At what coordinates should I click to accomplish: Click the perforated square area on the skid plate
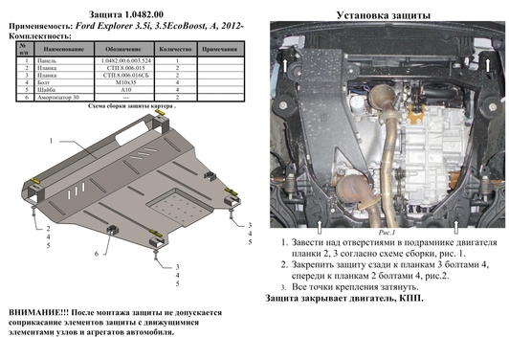pyautogui.click(x=152, y=207)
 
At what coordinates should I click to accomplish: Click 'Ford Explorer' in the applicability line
pyautogui.click(x=107, y=22)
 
